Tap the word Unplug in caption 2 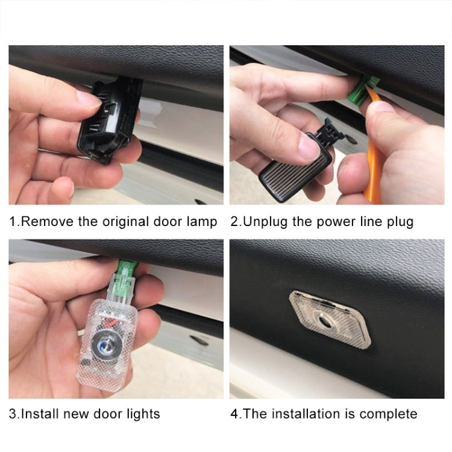(263, 222)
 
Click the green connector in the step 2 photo (360, 90)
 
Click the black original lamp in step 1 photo (108, 121)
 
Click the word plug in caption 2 (400, 222)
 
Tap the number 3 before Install (12, 414)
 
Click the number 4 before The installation (234, 414)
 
